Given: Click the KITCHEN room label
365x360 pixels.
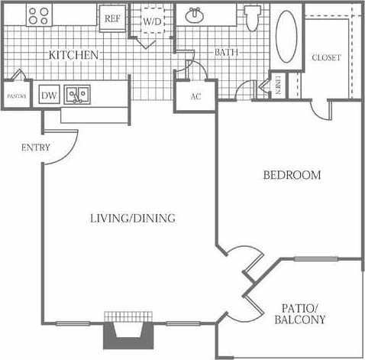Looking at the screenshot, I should click(73, 55).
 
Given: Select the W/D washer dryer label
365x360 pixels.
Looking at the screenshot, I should click(153, 21).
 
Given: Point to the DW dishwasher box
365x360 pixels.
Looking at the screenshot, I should click(48, 95).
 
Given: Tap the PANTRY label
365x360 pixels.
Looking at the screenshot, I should click(17, 96).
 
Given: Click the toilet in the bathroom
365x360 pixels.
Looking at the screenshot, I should click(253, 17).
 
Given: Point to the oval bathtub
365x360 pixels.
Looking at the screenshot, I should click(287, 37).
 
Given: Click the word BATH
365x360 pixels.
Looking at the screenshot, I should click(225, 53).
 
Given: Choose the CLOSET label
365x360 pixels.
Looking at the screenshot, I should click(326, 57).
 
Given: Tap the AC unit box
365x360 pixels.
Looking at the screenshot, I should click(195, 96).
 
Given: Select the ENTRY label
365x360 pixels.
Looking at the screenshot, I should click(36, 147).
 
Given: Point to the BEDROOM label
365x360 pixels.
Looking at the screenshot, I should click(292, 175).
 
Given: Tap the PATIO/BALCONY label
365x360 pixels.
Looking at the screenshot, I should click(299, 313).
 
